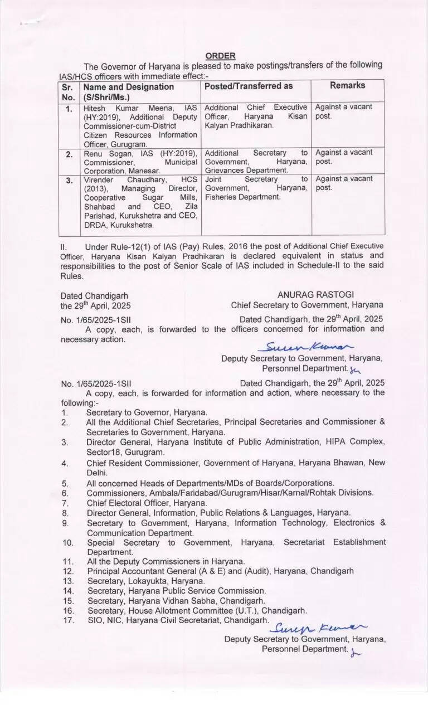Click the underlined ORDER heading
coord(220,56)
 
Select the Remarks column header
coord(347,85)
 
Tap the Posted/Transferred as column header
coord(249,86)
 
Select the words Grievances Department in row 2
coord(246,170)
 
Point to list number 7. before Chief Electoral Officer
coord(65,503)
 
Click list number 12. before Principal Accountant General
coord(69,571)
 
